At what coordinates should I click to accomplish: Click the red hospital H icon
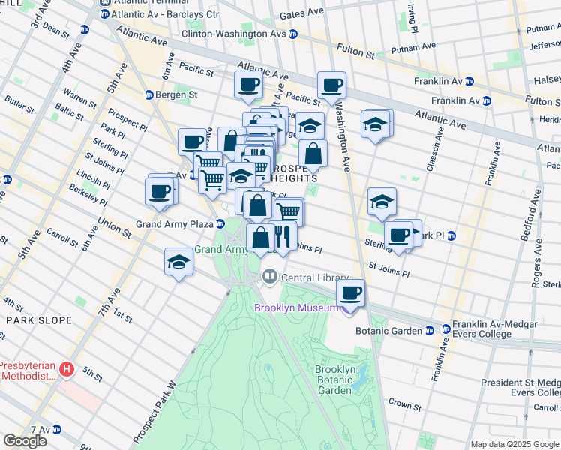(67, 368)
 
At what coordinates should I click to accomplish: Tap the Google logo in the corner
(25, 441)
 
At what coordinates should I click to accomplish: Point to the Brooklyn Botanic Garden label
(334, 379)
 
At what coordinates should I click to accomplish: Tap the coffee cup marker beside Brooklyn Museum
(350, 293)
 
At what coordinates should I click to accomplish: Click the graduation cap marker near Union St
(178, 262)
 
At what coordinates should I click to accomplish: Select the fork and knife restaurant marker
(282, 238)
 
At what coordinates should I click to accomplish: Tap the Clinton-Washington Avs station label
(234, 34)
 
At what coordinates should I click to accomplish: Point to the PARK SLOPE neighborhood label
(38, 320)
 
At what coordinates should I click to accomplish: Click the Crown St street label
(404, 403)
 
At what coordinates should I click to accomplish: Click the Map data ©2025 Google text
(515, 444)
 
